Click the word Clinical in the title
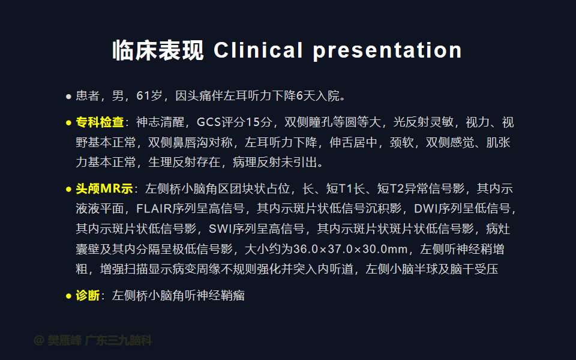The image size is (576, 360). pyautogui.click(x=258, y=50)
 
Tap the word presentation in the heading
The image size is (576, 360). pyautogui.click(x=387, y=50)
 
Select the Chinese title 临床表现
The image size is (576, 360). pyautogui.click(x=158, y=50)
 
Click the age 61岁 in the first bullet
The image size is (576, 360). pyautogui.click(x=149, y=96)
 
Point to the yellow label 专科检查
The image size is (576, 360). pyautogui.click(x=100, y=122)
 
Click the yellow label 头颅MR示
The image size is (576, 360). pyautogui.click(x=104, y=189)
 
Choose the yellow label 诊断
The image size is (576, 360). pyautogui.click(x=88, y=295)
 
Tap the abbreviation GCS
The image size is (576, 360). pyautogui.click(x=209, y=122)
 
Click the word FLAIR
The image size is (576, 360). pyautogui.click(x=154, y=209)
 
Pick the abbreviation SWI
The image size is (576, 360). pyautogui.click(x=220, y=229)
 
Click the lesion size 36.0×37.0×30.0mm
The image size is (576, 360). pyautogui.click(x=350, y=249)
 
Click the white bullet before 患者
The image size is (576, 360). pyautogui.click(x=68, y=97)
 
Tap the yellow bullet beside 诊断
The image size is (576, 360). pyautogui.click(x=68, y=296)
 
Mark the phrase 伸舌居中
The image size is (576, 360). pyautogui.click(x=353, y=142)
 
